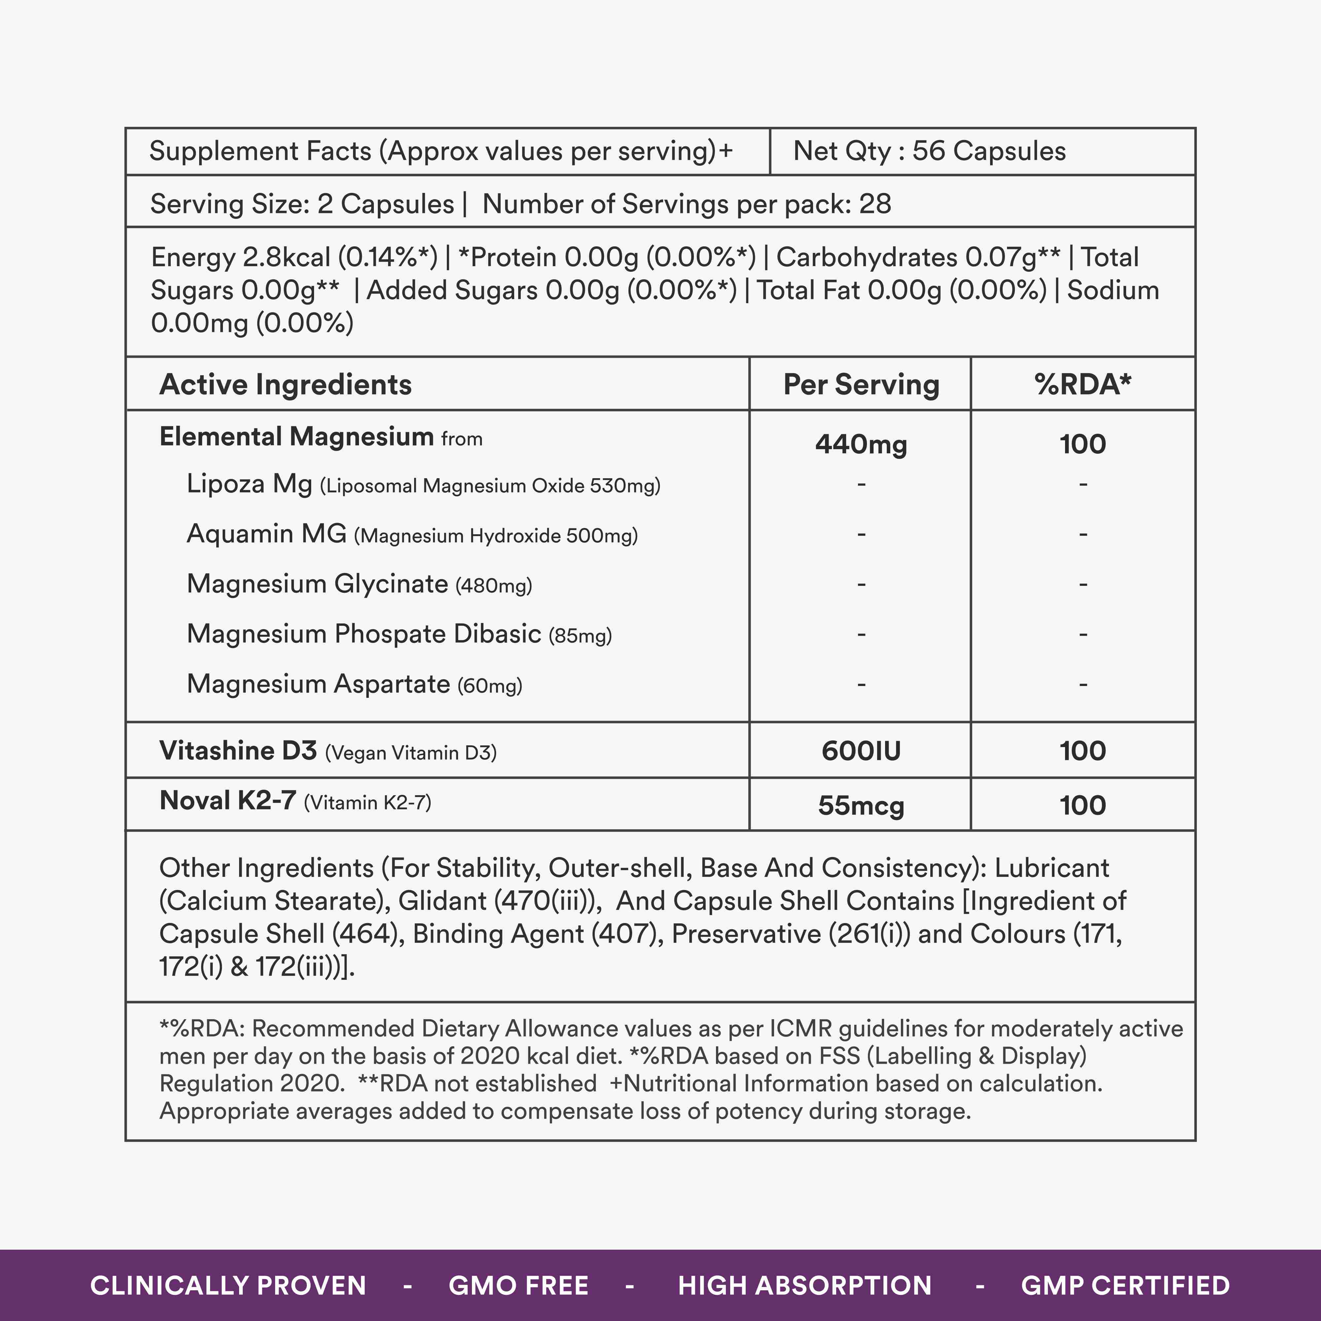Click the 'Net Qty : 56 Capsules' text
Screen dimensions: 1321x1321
929,151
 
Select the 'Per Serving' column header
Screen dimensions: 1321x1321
861,384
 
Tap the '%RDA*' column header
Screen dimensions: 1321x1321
1082,384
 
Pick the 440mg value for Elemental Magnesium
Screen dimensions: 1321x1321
861,445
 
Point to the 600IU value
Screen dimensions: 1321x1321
861,751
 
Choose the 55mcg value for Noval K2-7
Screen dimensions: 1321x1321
861,805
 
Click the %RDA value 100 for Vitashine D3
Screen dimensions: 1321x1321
1082,751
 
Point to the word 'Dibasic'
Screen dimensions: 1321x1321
497,634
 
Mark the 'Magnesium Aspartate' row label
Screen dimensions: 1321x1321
318,684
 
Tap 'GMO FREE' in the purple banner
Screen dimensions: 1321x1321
518,1285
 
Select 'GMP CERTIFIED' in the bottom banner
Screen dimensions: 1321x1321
1125,1285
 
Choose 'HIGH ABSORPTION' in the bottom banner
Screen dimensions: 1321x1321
804,1285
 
